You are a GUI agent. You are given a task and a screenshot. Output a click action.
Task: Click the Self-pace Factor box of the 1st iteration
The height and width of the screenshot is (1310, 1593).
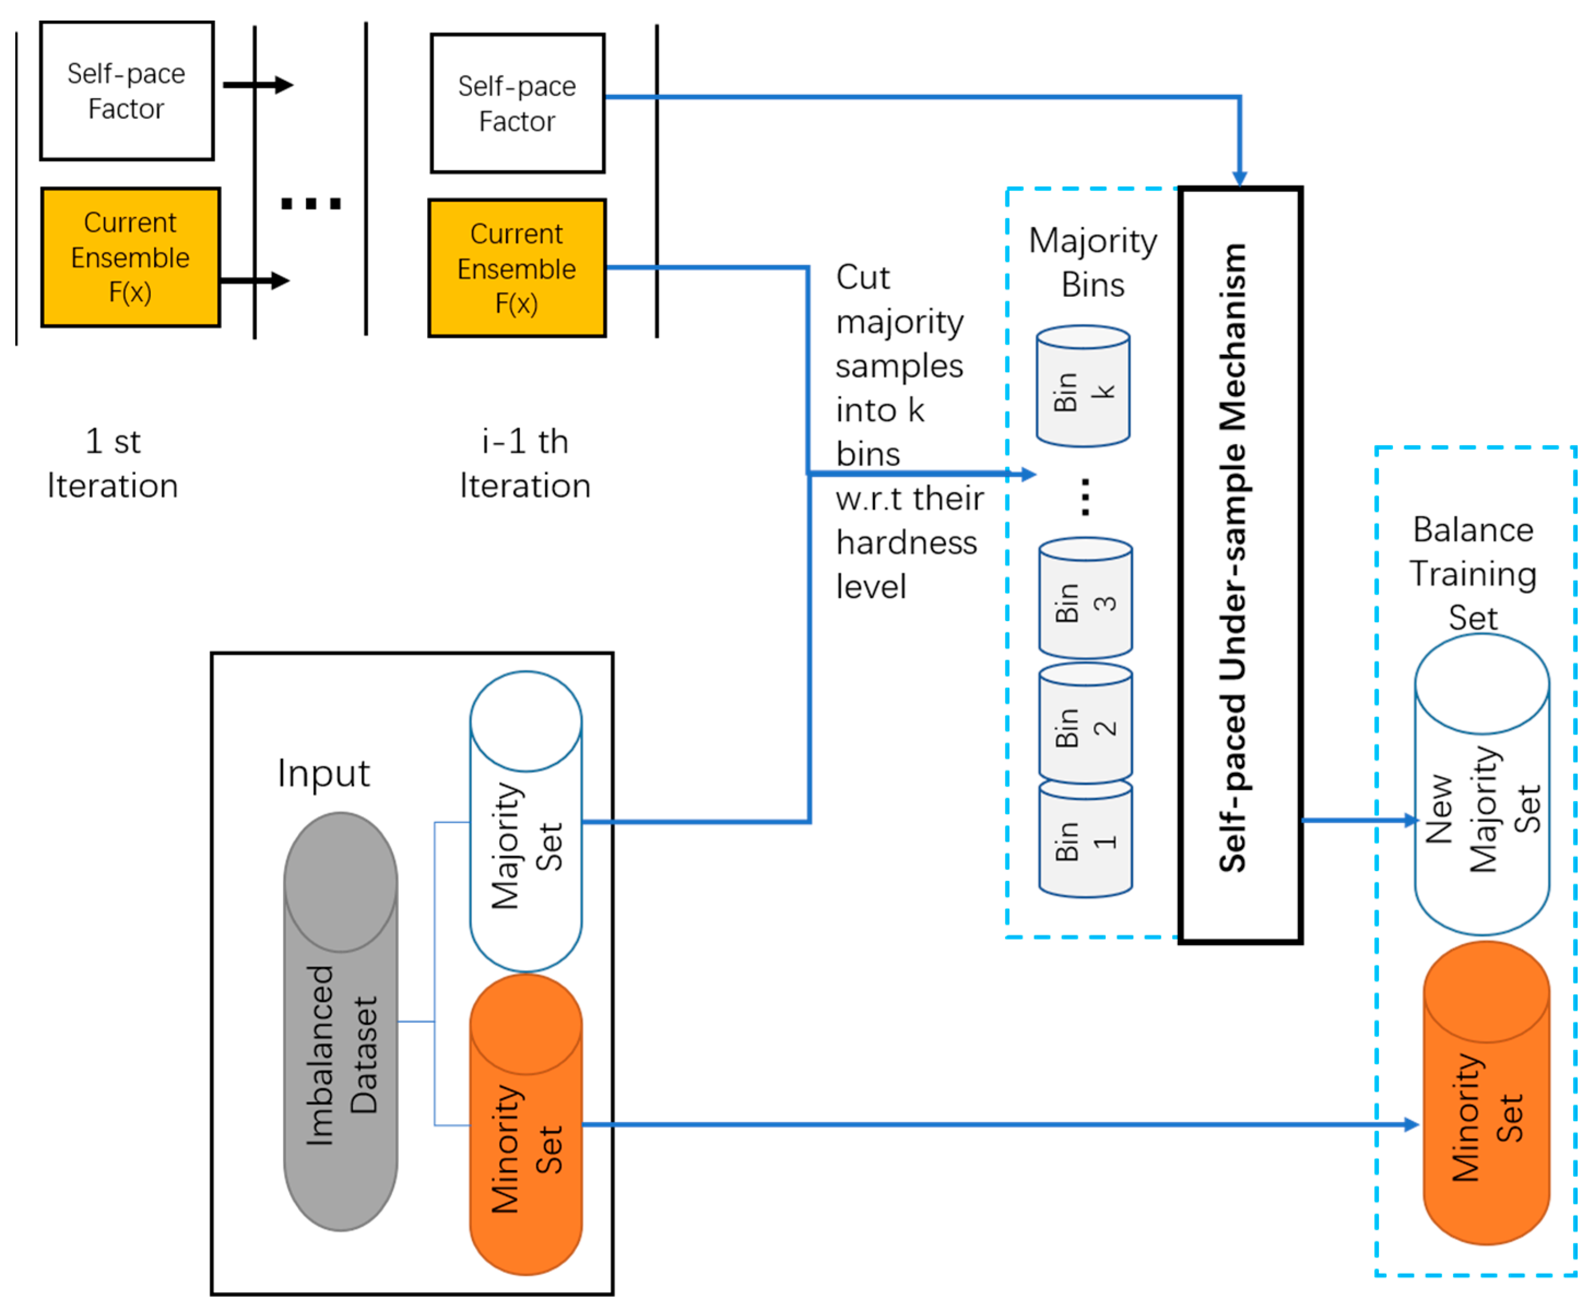127,91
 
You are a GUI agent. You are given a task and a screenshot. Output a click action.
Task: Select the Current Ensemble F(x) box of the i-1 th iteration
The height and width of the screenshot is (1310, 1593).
517,269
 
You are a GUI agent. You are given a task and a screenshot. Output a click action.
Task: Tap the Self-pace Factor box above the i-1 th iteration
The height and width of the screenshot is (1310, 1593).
517,103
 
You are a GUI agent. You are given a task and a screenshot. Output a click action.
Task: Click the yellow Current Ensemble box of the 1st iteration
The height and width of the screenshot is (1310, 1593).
130,257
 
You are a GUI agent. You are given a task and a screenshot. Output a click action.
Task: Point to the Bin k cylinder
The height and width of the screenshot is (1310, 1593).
1082,386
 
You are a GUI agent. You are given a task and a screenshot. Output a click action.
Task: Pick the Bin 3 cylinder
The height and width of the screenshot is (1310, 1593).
1085,598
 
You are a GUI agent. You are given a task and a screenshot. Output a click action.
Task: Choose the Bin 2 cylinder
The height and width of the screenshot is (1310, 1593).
1085,723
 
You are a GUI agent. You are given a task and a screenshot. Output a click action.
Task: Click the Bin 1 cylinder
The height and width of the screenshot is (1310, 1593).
1085,839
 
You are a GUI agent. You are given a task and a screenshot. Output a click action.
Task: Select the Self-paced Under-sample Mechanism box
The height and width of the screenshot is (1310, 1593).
1240,564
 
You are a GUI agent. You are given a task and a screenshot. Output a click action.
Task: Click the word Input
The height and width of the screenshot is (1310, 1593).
323,773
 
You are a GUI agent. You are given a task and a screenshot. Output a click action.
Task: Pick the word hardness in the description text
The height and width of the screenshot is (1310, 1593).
906,543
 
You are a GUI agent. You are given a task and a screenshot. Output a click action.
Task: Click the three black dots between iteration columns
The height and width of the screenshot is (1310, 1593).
310,203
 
